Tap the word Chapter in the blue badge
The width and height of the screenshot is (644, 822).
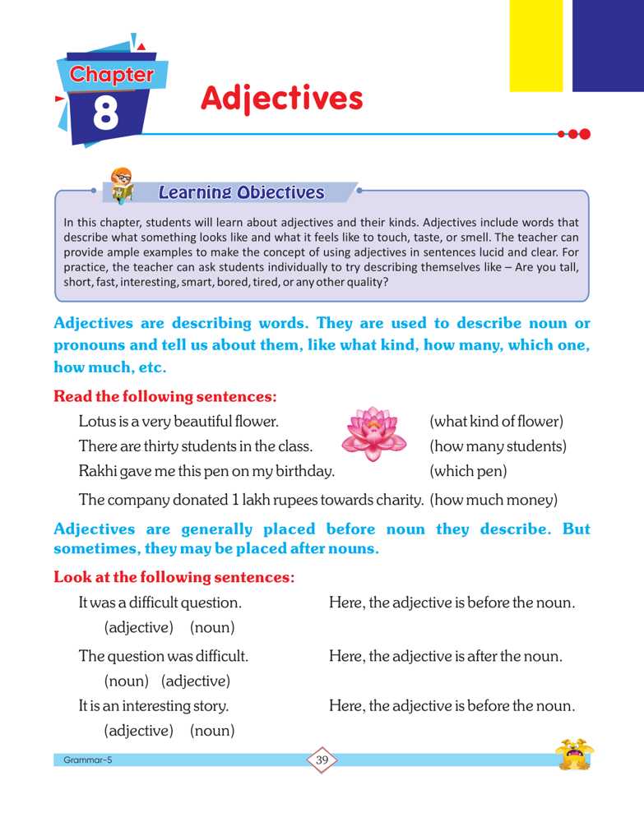111,75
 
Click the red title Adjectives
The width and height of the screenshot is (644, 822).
281,99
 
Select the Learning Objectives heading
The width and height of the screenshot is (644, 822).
241,193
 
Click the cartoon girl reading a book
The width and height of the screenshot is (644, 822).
121,186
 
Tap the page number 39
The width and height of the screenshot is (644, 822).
322,760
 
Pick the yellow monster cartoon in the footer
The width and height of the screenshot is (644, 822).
574,755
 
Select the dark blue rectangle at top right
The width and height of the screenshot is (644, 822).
608,45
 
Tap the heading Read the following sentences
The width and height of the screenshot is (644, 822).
164,396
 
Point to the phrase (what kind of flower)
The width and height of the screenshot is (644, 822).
496,423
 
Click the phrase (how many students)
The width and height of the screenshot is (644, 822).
498,447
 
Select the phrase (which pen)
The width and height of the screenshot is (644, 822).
468,472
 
